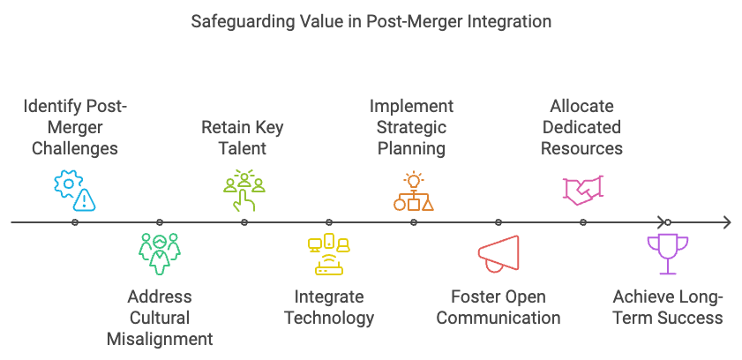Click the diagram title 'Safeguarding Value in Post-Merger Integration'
(x=371, y=22)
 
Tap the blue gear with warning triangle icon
(x=75, y=191)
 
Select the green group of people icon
(x=160, y=254)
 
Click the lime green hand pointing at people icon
(x=244, y=191)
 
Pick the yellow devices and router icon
(x=329, y=254)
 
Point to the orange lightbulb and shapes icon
(x=414, y=191)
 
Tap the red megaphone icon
(x=498, y=253)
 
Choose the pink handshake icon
(x=583, y=191)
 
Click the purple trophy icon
(x=668, y=254)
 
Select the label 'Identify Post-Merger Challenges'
(x=75, y=127)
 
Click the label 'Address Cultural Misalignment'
(x=160, y=318)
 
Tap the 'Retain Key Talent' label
(x=243, y=138)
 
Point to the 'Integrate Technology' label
(x=329, y=307)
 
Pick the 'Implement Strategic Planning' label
(x=412, y=127)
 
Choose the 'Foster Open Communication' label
(x=498, y=307)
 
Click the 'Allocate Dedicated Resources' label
(x=581, y=127)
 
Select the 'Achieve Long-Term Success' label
(x=668, y=307)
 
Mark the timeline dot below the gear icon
(x=75, y=222)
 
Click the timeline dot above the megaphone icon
(x=498, y=222)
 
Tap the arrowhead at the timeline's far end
(x=727, y=222)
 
